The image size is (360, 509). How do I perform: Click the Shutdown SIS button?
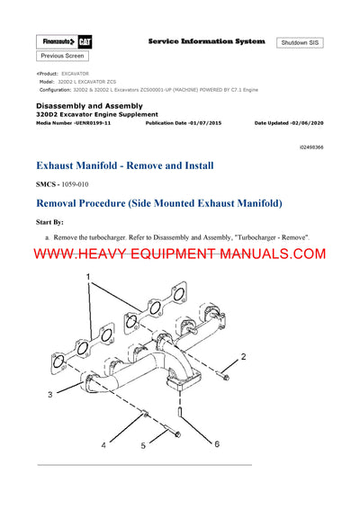tap(300, 42)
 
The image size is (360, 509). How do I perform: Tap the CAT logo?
tap(83, 42)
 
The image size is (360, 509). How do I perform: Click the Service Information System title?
tap(206, 41)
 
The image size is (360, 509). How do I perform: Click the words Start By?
tap(51, 219)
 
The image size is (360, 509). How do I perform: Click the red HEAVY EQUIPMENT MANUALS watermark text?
tap(180, 254)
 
